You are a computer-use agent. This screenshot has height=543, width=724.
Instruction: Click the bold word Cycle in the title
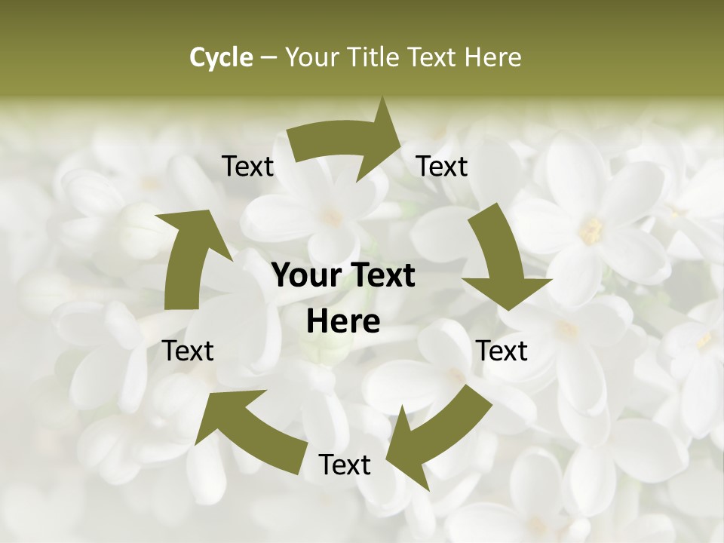click(x=221, y=57)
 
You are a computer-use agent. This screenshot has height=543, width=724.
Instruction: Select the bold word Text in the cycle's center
click(x=383, y=275)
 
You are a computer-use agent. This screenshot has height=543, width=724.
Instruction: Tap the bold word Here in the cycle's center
click(x=343, y=322)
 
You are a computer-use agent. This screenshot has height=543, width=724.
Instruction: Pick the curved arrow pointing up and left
click(x=249, y=430)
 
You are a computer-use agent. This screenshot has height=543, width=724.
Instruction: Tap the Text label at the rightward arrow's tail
click(x=247, y=166)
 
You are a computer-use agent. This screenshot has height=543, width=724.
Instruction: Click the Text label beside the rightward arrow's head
click(x=442, y=166)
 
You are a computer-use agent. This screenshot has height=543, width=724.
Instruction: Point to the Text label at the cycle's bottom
click(x=345, y=465)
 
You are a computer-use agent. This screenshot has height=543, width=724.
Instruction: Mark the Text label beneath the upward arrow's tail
click(x=188, y=351)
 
